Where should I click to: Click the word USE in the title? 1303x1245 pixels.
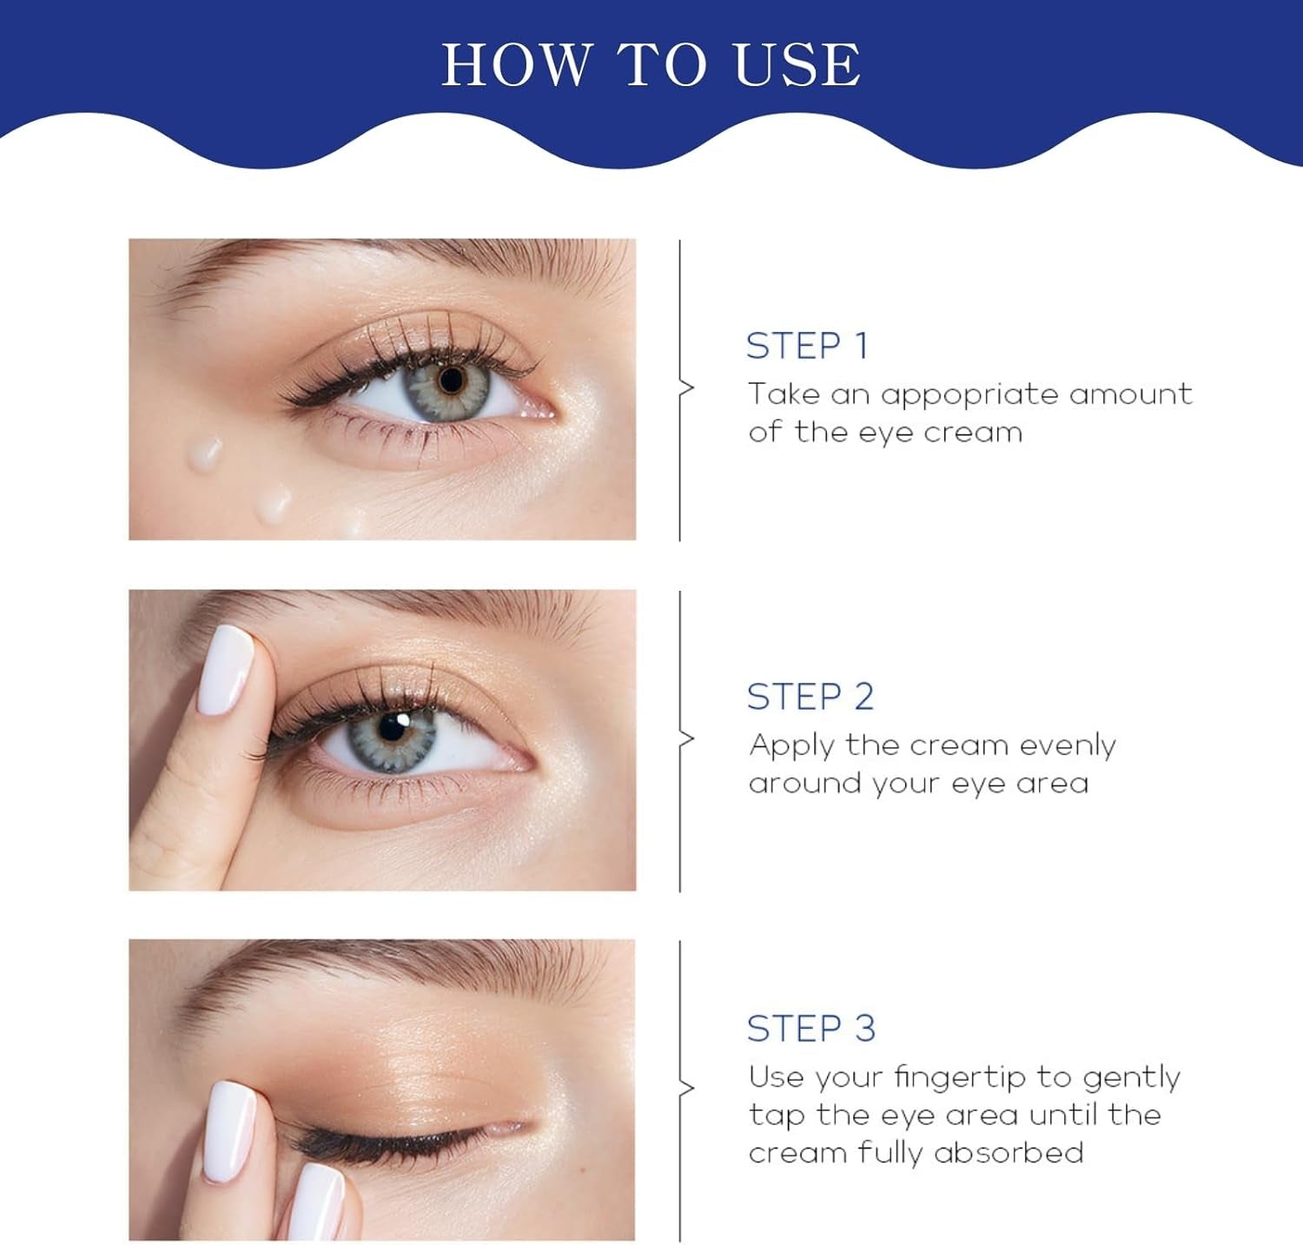[x=797, y=65]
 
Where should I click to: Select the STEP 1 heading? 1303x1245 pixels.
[x=807, y=346]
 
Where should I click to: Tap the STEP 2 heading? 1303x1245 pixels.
[x=810, y=697]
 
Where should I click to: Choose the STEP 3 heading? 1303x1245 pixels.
[x=810, y=1029]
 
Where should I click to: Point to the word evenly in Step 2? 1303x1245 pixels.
[x=1067, y=745]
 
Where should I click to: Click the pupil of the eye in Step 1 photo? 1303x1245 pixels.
[x=451, y=380]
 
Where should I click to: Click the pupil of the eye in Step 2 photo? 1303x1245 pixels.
[x=393, y=726]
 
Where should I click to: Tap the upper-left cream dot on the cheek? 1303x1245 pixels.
[x=206, y=450]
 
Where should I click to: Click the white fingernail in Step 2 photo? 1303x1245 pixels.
[x=224, y=670]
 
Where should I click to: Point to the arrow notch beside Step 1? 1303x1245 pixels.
[x=687, y=388]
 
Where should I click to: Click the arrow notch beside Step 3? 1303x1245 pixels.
[x=687, y=1089]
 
